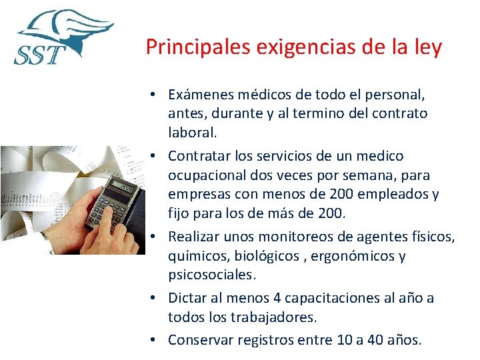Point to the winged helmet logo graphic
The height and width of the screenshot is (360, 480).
click(x=67, y=30)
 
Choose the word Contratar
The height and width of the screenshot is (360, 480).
click(x=199, y=156)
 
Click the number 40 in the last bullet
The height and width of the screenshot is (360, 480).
click(x=376, y=340)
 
